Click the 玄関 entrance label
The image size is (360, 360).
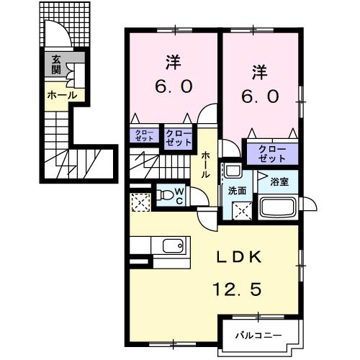click(x=55, y=64)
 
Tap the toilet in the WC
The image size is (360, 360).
click(x=166, y=195)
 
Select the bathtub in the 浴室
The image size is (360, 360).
click(x=278, y=207)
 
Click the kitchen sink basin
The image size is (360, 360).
click(x=173, y=246)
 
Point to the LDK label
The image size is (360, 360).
click(x=239, y=258)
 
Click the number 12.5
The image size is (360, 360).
click(x=237, y=289)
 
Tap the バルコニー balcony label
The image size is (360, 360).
click(x=258, y=335)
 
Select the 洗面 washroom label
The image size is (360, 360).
click(x=237, y=191)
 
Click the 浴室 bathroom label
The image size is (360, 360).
click(x=279, y=181)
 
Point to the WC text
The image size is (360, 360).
click(x=179, y=197)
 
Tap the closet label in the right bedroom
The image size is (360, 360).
click(x=272, y=153)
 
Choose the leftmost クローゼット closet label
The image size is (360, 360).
click(x=145, y=135)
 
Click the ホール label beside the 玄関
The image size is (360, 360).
click(x=62, y=96)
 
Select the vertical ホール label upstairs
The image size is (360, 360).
click(x=205, y=165)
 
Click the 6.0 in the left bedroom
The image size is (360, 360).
click(x=174, y=86)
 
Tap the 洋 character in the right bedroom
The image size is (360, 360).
click(x=260, y=72)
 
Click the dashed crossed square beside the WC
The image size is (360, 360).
click(x=141, y=202)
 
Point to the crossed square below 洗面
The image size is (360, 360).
click(x=242, y=211)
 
